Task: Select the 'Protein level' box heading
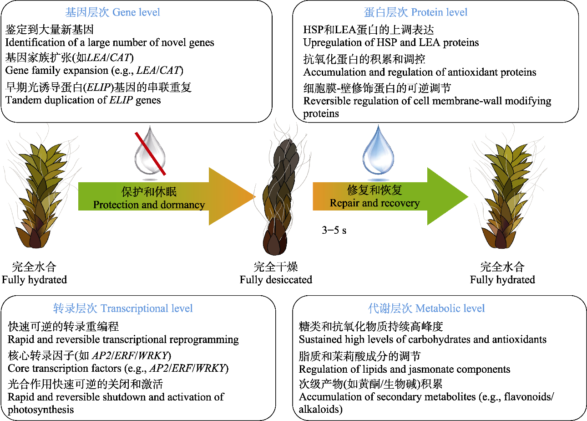click(415, 12)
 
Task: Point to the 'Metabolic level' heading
click(426, 308)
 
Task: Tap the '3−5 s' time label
click(334, 231)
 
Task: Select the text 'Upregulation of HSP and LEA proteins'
click(391, 43)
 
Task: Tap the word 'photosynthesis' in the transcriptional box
click(41, 410)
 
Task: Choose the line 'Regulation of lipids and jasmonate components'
click(405, 370)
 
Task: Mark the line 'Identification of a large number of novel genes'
click(110, 43)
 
